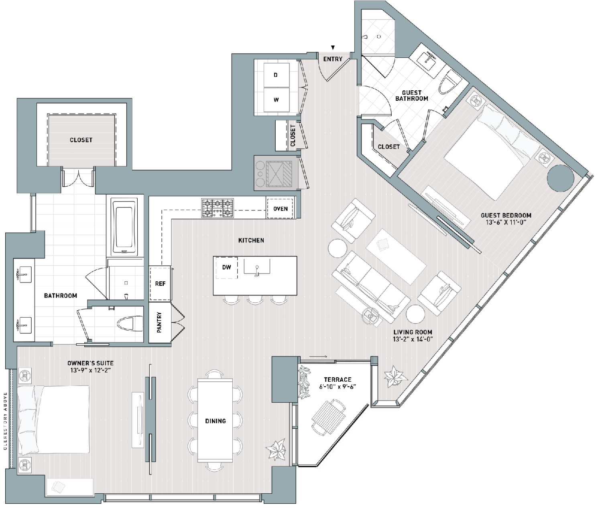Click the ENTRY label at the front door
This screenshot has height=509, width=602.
pyautogui.click(x=333, y=59)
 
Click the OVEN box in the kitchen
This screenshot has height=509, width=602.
pyautogui.click(x=281, y=209)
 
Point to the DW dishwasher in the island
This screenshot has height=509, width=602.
pyautogui.click(x=226, y=267)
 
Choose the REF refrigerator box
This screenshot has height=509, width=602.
pyautogui.click(x=160, y=283)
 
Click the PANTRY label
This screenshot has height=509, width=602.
pyautogui.click(x=159, y=322)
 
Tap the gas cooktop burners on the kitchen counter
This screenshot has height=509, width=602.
pyautogui.click(x=217, y=208)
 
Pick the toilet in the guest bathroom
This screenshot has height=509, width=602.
pyautogui.click(x=449, y=81)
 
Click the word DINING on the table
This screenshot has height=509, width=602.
pyautogui.click(x=215, y=421)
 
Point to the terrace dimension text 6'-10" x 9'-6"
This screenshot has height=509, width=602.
pyautogui.click(x=338, y=387)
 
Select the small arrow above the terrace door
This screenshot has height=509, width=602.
pyautogui.click(x=318, y=356)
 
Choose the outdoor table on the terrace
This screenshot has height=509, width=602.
pyautogui.click(x=328, y=415)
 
